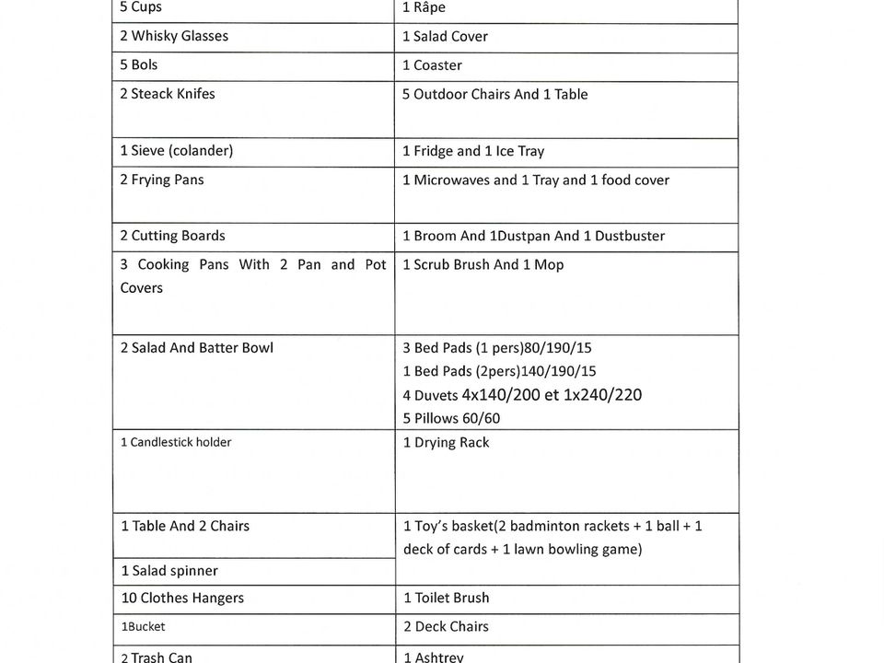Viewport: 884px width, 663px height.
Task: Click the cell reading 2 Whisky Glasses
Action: coord(174,36)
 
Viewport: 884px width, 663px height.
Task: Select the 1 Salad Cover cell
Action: coord(445,37)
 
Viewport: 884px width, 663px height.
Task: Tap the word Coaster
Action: coord(437,65)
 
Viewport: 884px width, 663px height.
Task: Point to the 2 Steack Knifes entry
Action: coord(168,94)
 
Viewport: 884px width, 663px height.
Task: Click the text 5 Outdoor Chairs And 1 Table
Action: coord(494,94)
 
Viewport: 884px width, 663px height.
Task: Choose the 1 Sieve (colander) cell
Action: coord(177,150)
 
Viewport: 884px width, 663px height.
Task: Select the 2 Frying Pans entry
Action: coord(162,180)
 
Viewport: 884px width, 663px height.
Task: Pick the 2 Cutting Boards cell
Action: coord(172,236)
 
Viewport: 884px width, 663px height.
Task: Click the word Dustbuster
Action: coord(630,236)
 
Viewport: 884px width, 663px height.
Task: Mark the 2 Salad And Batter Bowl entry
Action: coord(196,348)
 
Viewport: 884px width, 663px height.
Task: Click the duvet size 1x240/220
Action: coord(602,395)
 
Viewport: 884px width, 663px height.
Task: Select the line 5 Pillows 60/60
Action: coord(451,418)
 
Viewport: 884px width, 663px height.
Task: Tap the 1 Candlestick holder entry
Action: coord(176,442)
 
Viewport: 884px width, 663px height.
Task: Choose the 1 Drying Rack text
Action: coord(446,443)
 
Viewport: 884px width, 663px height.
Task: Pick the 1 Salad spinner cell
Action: coord(169,571)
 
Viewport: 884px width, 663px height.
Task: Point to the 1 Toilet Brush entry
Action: coord(446,598)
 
